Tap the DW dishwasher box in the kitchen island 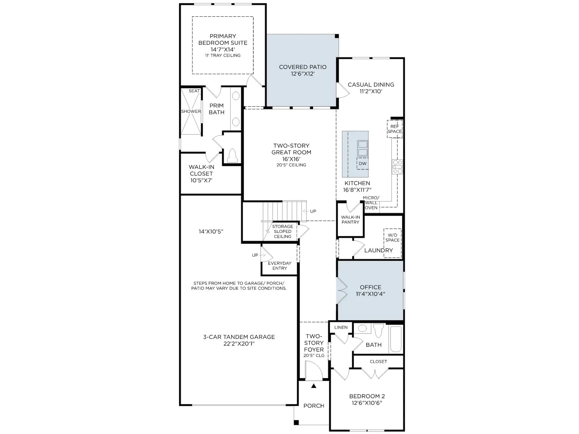[363, 163]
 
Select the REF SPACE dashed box [394, 129]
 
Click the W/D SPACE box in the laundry [393, 243]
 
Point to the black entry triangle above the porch [314, 386]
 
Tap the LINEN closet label [341, 327]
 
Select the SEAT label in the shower [194, 91]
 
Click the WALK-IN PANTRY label [350, 220]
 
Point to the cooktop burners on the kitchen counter [397, 167]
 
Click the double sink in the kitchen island [363, 148]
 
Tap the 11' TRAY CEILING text [223, 55]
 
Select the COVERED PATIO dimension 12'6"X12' [303, 74]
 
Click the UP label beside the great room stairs [313, 211]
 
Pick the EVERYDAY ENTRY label [280, 265]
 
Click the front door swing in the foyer [314, 370]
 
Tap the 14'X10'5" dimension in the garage [211, 231]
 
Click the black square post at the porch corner [296, 422]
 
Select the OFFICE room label [370, 287]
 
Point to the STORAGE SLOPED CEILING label [283, 231]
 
